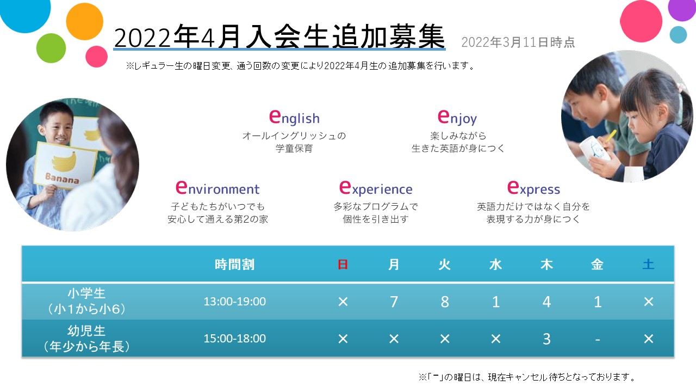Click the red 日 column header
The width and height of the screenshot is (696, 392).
pyautogui.click(x=343, y=265)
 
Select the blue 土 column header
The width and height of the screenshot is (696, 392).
pyautogui.click(x=649, y=265)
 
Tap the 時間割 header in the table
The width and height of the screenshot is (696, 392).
pyautogui.click(x=234, y=265)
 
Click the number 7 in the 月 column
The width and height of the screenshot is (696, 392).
pyautogui.click(x=394, y=302)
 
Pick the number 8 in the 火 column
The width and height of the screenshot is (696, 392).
pyautogui.click(x=445, y=302)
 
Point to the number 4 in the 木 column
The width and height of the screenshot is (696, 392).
pyautogui.click(x=546, y=302)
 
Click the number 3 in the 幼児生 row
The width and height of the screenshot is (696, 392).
pyautogui.click(x=546, y=339)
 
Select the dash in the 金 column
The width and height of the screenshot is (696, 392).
pyautogui.click(x=598, y=340)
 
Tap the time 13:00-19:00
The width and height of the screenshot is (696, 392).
pyautogui.click(x=234, y=302)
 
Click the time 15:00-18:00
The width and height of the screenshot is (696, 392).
pyautogui.click(x=234, y=339)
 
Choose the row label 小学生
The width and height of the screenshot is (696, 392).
pyautogui.click(x=86, y=293)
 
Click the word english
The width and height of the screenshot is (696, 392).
pyautogui.click(x=294, y=117)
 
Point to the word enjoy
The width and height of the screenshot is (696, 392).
pyautogui.click(x=457, y=118)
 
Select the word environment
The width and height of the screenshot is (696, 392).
pyautogui.click(x=217, y=188)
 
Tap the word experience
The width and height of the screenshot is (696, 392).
pyautogui.click(x=376, y=188)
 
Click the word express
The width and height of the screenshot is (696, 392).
pyautogui.click(x=533, y=188)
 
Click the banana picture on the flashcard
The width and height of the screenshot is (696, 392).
pyautogui.click(x=64, y=162)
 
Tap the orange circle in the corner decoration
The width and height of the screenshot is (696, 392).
pyautogui.click(x=84, y=21)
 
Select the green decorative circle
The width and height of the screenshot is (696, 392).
pyautogui.click(x=51, y=48)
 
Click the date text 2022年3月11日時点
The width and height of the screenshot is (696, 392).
pyautogui.click(x=518, y=42)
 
